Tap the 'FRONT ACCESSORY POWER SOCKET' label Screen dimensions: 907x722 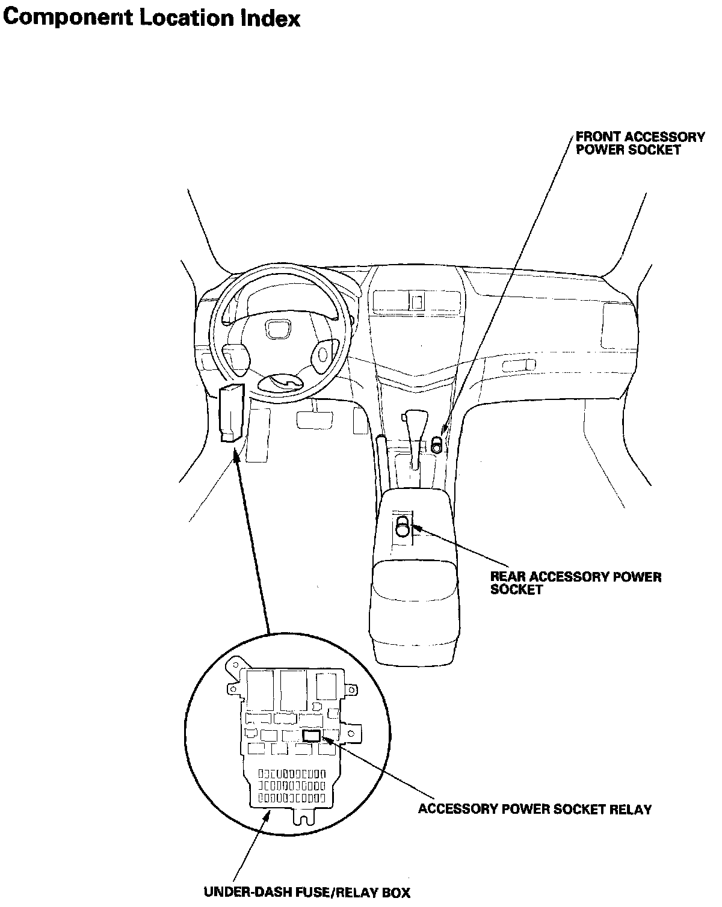(640, 143)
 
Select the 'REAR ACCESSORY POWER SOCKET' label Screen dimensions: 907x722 (575, 583)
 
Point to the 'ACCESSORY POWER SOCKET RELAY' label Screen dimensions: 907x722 (535, 809)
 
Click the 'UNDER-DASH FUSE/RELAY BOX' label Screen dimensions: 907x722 (307, 892)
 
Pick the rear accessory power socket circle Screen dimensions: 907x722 (403, 529)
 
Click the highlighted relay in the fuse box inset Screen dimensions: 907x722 (312, 735)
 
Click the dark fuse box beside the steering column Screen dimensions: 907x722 (232, 413)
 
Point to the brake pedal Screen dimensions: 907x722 (315, 419)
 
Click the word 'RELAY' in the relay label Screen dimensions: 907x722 (631, 809)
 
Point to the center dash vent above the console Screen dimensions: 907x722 (416, 301)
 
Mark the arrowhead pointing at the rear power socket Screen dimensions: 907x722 (416, 527)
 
